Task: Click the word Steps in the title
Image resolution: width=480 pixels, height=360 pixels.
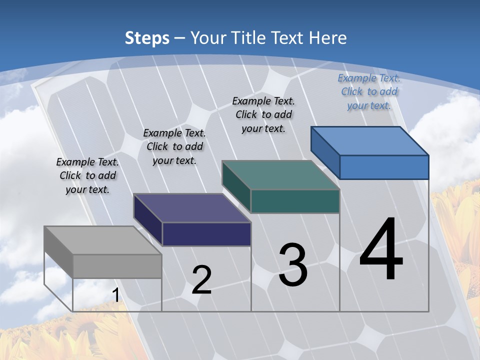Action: (x=147, y=38)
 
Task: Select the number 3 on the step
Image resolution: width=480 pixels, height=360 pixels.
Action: (x=293, y=264)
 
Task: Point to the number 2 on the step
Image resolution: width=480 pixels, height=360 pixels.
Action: (x=201, y=280)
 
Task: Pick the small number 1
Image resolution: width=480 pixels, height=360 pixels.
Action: (x=116, y=295)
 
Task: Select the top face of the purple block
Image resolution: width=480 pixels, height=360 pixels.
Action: (x=192, y=208)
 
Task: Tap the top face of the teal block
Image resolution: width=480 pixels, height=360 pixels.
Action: (x=280, y=175)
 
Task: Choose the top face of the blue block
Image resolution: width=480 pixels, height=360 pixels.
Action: (x=370, y=140)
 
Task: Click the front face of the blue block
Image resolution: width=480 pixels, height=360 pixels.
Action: (x=384, y=167)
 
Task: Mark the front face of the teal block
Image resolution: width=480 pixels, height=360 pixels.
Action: (x=295, y=201)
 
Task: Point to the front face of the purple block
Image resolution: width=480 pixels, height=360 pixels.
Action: (x=206, y=234)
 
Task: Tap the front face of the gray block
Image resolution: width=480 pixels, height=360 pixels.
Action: (x=117, y=266)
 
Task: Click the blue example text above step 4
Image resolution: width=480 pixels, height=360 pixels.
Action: (x=369, y=91)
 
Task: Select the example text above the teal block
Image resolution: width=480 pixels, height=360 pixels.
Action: (x=263, y=114)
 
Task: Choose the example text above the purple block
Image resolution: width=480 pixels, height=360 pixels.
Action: (x=174, y=146)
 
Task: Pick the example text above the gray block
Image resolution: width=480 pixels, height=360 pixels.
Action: (x=87, y=175)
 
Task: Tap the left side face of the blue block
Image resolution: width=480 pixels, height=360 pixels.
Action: (x=325, y=152)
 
